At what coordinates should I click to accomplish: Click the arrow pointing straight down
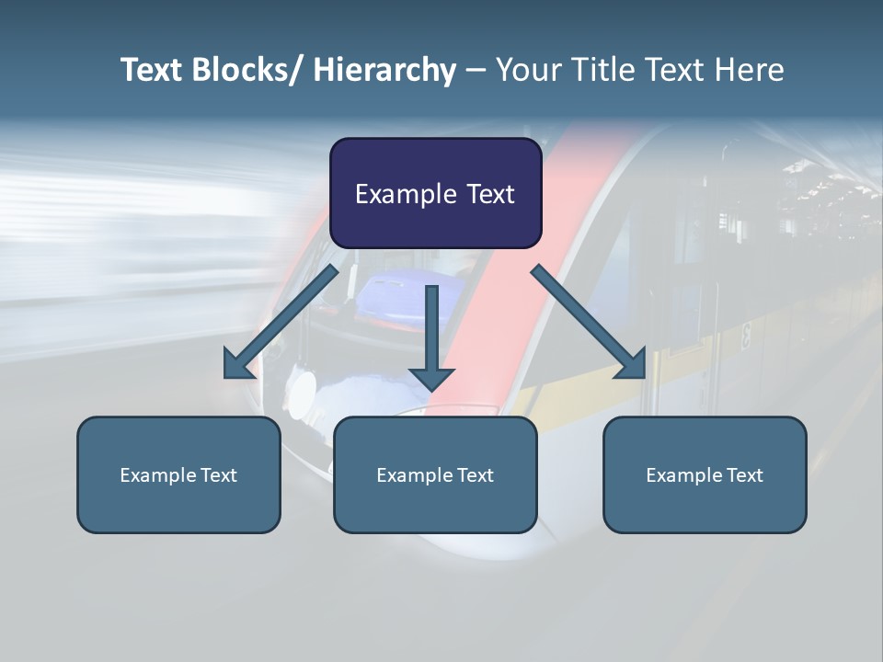click(432, 340)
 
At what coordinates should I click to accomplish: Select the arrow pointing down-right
click(588, 321)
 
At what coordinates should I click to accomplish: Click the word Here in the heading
click(751, 70)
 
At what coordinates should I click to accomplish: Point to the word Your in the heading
click(528, 70)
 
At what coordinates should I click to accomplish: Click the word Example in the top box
click(406, 194)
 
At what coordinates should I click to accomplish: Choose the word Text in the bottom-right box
click(743, 475)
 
